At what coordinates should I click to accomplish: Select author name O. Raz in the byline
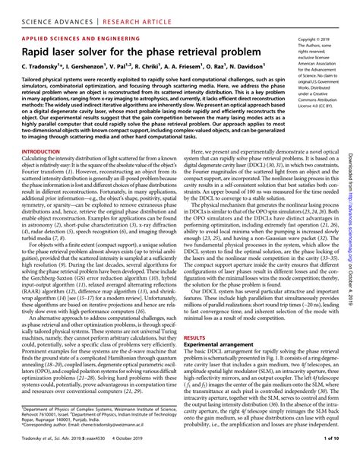click(x=208, y=68)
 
